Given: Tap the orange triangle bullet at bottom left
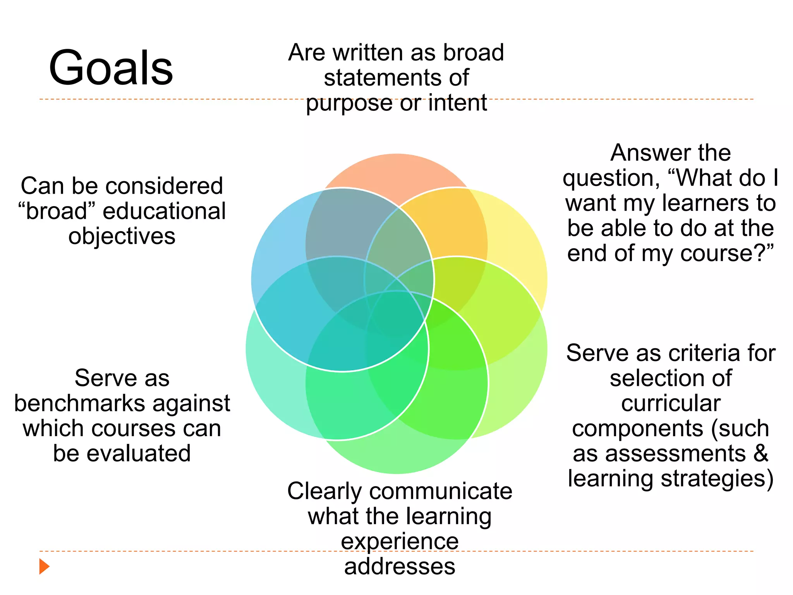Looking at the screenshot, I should [44, 566].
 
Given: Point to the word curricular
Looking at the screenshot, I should [671, 403].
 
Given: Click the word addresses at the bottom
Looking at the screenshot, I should [400, 566].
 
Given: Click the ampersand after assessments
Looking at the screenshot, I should [761, 453].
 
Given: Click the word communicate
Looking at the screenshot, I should [441, 491].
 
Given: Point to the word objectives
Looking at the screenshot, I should [122, 236].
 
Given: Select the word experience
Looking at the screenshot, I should [400, 542].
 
